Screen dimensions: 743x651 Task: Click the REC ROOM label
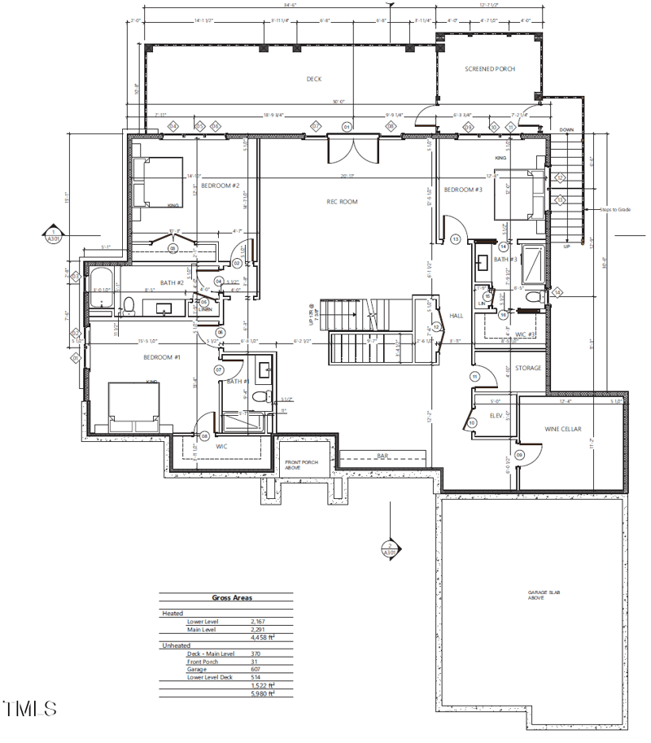(x=343, y=202)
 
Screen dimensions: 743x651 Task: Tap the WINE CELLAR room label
(x=562, y=428)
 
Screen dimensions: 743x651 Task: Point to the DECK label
(x=314, y=79)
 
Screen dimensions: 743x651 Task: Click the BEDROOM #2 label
(x=220, y=186)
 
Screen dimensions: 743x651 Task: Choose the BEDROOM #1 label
(x=162, y=358)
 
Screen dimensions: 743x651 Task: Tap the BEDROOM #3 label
(x=463, y=190)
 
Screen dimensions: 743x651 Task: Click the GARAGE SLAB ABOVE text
(x=535, y=595)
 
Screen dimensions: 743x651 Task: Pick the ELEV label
(x=496, y=415)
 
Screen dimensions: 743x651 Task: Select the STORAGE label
(x=527, y=369)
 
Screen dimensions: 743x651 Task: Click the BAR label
(x=382, y=456)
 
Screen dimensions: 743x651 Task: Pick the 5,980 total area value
(x=263, y=693)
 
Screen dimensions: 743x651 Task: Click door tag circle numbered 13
(x=456, y=238)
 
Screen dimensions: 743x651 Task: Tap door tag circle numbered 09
(x=518, y=454)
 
